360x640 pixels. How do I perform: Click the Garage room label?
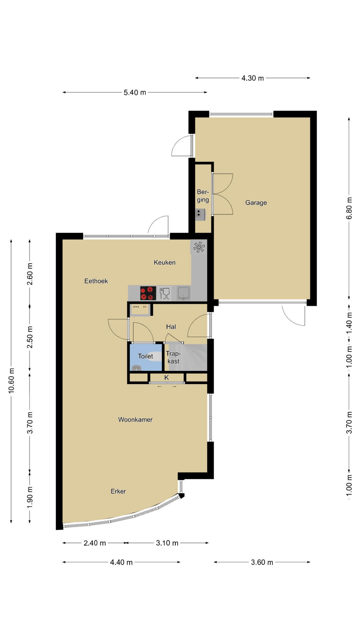coord(256,203)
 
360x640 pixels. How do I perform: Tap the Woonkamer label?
coord(135,420)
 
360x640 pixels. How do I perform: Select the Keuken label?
coord(165,262)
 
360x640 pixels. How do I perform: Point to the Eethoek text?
coord(96,281)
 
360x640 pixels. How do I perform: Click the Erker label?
coord(118,491)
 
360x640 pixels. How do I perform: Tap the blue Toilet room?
coord(146,357)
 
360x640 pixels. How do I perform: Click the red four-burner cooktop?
coord(148,293)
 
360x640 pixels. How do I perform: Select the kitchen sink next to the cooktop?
coord(183,293)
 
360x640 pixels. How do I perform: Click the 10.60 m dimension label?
coord(12,381)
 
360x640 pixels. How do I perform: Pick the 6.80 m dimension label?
coord(349,208)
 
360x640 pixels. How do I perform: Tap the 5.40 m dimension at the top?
coord(135,93)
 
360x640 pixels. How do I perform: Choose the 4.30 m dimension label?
coord(253,78)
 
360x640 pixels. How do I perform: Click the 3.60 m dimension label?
coord(262,563)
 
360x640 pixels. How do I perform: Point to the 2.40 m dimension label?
coord(95,543)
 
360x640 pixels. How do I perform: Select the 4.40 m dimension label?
coord(121,563)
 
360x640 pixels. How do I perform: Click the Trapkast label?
coord(173,357)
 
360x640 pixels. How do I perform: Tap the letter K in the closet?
coord(167,378)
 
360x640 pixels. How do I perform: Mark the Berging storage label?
coord(203,196)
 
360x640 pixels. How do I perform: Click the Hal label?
coord(171,327)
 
